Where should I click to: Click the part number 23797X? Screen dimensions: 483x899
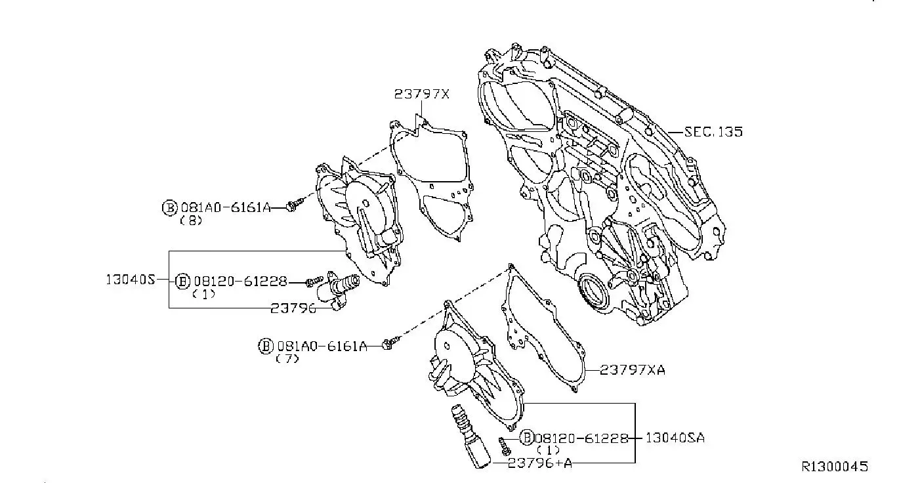click(x=422, y=94)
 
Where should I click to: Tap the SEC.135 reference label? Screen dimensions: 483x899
click(x=713, y=132)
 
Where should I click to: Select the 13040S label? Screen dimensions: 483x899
click(x=130, y=280)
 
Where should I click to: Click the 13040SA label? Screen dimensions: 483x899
click(x=675, y=438)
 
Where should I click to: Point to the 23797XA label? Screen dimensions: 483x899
click(x=632, y=370)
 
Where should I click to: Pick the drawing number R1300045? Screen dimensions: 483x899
click(x=835, y=467)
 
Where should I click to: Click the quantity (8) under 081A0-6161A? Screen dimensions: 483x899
click(x=191, y=220)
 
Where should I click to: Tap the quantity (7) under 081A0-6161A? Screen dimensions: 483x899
click(x=287, y=359)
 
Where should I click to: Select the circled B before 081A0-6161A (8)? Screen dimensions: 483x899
click(x=169, y=208)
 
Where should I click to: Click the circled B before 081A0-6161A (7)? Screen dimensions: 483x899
click(x=265, y=346)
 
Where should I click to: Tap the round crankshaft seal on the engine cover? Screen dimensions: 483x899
click(x=594, y=291)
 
